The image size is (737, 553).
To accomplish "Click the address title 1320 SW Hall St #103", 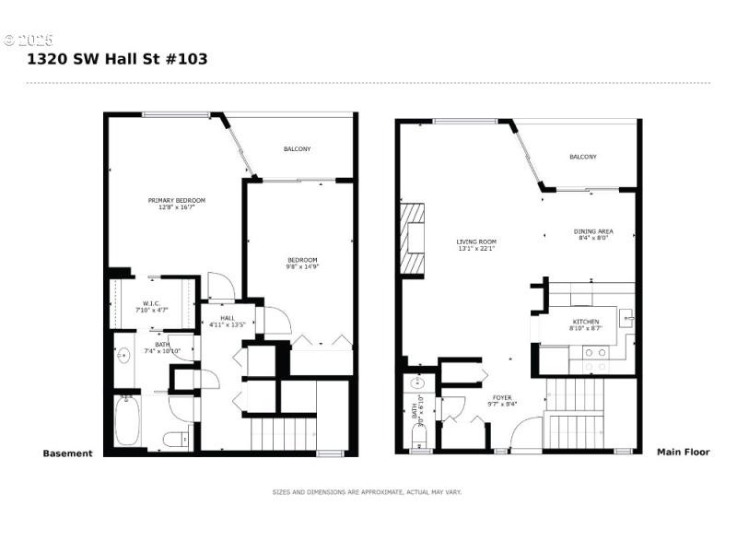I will point(117,59).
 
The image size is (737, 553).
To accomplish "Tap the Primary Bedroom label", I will point(177,204).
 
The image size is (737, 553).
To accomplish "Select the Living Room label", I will point(476,244).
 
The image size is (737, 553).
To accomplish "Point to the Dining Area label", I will point(594,234).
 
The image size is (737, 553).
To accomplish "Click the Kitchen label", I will point(584,324).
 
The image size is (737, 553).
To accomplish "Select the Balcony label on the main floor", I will point(582,157).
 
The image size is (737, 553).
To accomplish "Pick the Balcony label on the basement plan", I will point(297,149).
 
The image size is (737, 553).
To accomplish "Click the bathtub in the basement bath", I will point(126,423).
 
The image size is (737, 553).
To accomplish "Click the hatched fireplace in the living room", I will point(414,239).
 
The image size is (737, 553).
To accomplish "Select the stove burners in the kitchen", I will point(596,351).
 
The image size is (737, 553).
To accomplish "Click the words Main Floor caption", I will point(683,453).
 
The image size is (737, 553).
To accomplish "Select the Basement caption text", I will point(67,453).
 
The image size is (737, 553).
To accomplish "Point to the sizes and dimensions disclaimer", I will point(367,492).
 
